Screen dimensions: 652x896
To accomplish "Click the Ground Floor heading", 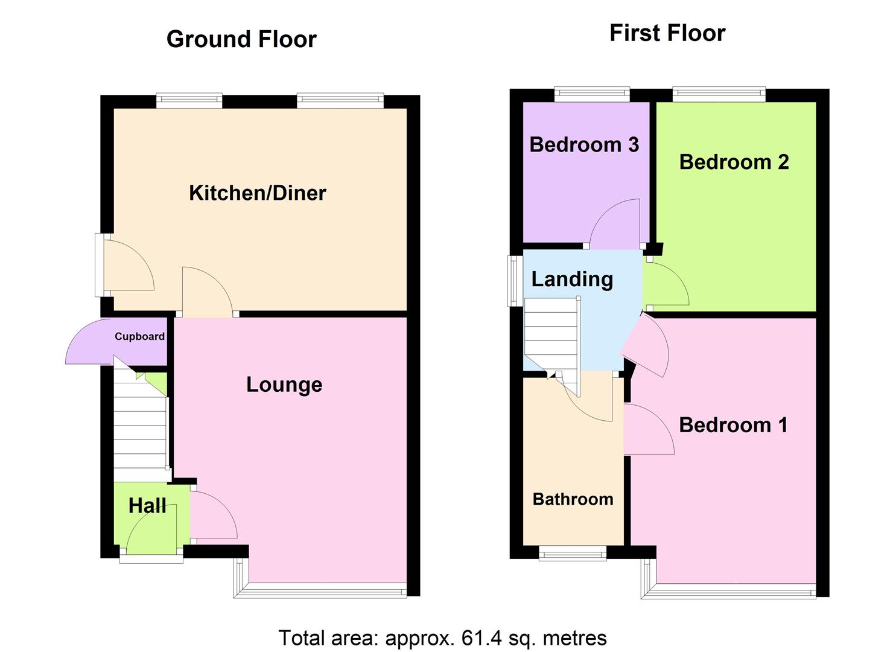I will pos(241,39).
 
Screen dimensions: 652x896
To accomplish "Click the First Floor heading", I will pos(667,33).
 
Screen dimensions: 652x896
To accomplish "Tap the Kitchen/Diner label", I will pos(258,193).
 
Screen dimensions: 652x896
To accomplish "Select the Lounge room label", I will pos(284,385).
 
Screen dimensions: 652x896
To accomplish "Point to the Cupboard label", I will pos(139,337).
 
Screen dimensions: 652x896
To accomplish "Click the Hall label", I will pos(147,506).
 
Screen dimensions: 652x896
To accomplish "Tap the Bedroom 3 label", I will pos(584,145).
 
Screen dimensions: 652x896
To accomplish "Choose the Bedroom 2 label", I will pos(734,162).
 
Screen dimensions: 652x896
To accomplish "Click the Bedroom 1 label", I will pos(733,425).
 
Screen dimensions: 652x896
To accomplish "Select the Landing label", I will pos(572,279).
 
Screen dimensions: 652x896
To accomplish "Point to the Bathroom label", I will pos(573,499).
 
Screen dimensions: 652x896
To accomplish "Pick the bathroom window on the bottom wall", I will pos(572,553).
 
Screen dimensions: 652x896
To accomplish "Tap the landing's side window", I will pos(515,280).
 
